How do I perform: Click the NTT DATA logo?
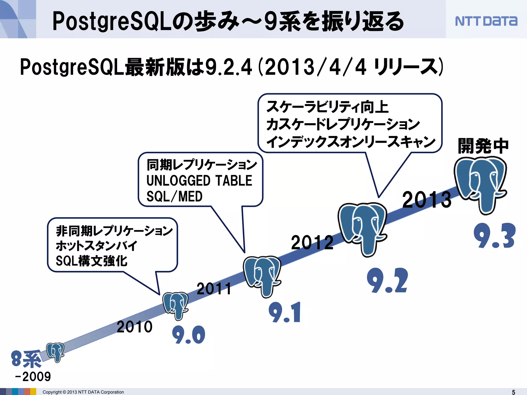486,21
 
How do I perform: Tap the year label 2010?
135,327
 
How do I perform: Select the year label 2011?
214,289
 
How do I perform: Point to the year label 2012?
312,243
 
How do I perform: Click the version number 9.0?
189,335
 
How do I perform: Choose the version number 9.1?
285,313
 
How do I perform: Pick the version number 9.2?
388,281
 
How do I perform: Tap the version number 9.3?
494,236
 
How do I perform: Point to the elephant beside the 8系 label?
55,352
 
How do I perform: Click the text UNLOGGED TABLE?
199,181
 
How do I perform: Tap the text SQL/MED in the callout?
174,197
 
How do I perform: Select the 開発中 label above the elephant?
483,146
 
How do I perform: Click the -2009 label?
33,377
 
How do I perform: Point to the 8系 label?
26,359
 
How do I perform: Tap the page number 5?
513,392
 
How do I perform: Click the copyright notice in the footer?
83,392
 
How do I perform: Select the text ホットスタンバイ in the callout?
96,246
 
